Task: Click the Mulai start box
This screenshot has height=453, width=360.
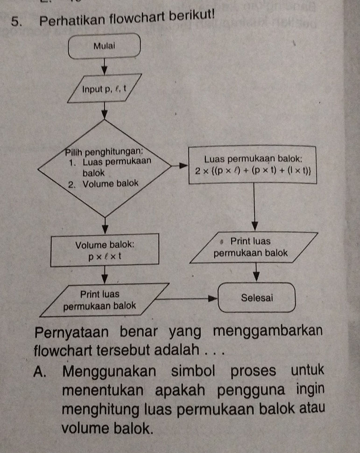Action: pos(104,46)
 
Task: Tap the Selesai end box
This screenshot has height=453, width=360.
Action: pos(258,297)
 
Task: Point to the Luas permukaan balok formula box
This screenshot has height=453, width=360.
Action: pos(253,165)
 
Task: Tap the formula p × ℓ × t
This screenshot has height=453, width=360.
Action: pos(106,255)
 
